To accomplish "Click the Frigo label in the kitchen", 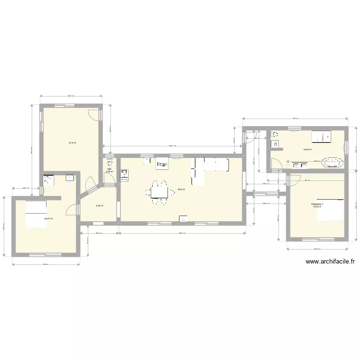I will pyautogui.click(x=162, y=164).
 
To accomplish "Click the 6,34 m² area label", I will pyautogui.click(x=99, y=205).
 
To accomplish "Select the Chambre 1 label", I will pyautogui.click(x=317, y=204).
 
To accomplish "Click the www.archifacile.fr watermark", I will pyautogui.click(x=330, y=262).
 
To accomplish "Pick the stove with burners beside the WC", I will pyautogui.click(x=125, y=175).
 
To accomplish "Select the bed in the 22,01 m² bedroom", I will pyautogui.click(x=35, y=213).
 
